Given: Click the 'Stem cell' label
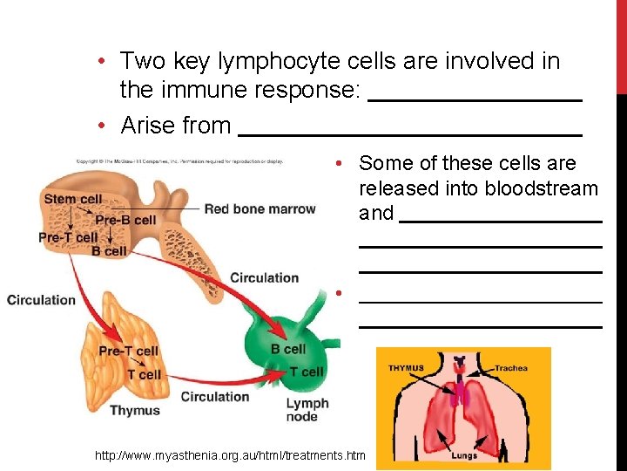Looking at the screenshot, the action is (x=72, y=199).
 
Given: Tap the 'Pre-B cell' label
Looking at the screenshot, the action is (x=125, y=220).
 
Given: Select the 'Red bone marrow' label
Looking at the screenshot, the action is (x=260, y=209).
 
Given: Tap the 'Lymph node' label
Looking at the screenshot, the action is (x=307, y=410).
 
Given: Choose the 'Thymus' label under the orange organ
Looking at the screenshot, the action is (x=135, y=411).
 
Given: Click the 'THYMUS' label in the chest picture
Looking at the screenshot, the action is (x=406, y=368).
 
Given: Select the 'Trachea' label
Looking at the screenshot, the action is (x=511, y=368).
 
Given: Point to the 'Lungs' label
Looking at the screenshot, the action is (x=464, y=455).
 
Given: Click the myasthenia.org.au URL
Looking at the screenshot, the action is (x=231, y=454).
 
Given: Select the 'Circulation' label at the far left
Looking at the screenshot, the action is (x=41, y=300).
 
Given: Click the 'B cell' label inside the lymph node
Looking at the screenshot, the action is (x=288, y=349).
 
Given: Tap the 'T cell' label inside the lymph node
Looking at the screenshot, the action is (x=306, y=372).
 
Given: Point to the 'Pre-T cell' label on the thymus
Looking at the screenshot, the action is (x=128, y=352).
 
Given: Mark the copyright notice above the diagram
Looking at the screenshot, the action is (x=179, y=161).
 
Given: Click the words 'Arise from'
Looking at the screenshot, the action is (x=176, y=126).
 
